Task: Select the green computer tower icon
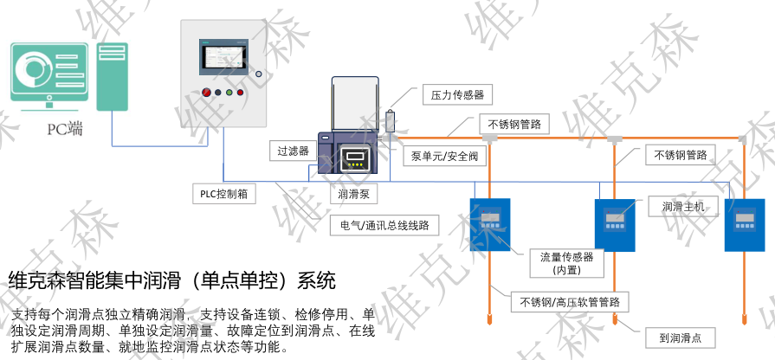[112, 77]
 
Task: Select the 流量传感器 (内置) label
[566, 263]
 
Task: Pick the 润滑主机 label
[683, 207]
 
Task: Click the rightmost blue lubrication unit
[744, 224]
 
